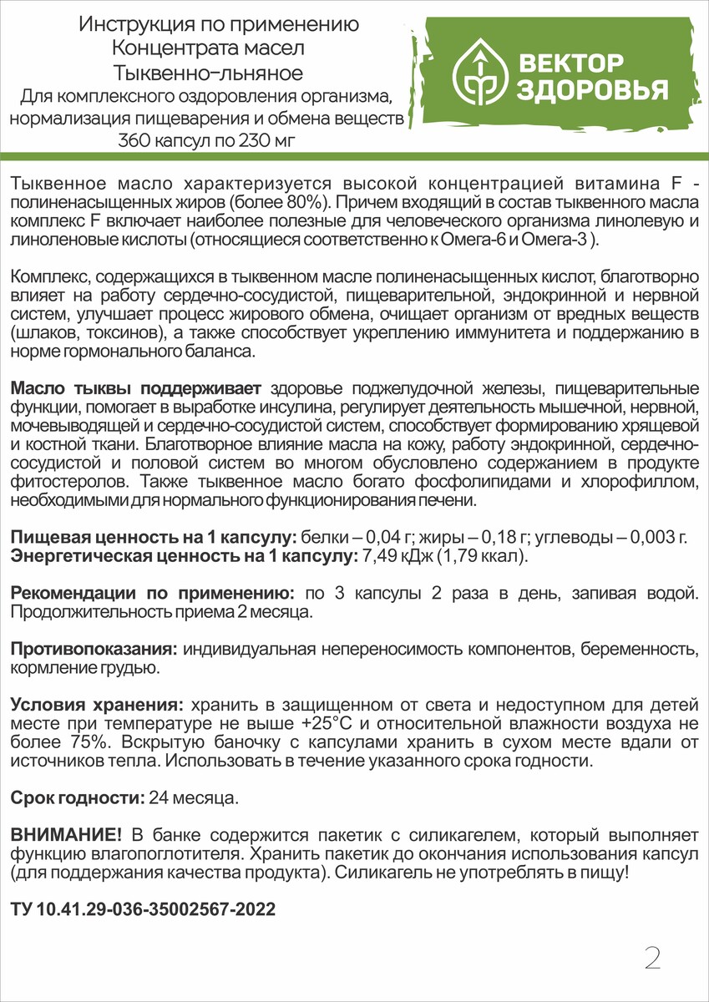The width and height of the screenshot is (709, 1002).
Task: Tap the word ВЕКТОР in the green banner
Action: pyautogui.click(x=570, y=63)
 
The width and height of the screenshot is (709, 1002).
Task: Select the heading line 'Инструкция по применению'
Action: pyautogui.click(x=219, y=24)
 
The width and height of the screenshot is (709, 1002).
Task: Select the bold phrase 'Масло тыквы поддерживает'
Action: pyautogui.click(x=136, y=388)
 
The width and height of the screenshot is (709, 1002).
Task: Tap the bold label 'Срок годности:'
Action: pyautogui.click(x=77, y=798)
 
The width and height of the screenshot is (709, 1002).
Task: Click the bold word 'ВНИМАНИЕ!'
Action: pyautogui.click(x=66, y=835)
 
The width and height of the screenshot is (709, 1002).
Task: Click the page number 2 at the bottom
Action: pyautogui.click(x=652, y=958)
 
